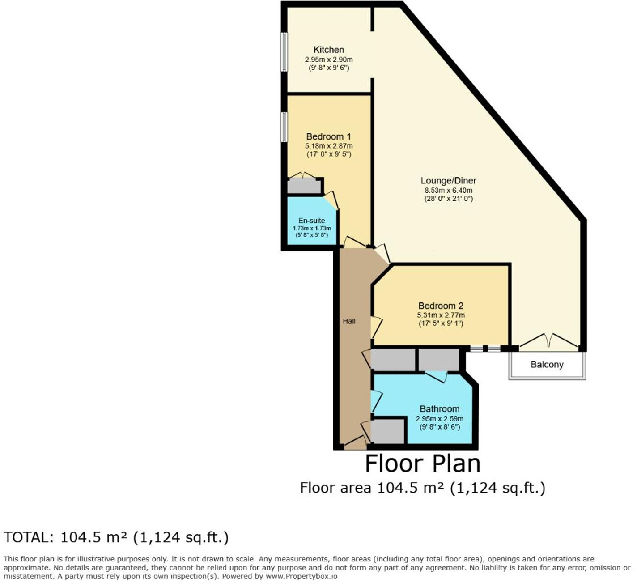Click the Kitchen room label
(x=328, y=50)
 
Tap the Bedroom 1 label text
(x=328, y=136)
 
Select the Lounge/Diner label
(x=448, y=181)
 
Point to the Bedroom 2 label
(x=440, y=306)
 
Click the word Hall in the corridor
(x=349, y=321)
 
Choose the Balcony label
(x=547, y=365)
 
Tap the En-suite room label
(x=311, y=221)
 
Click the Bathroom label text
(x=439, y=409)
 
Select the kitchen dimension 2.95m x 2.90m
(x=328, y=59)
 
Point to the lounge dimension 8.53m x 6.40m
(x=448, y=190)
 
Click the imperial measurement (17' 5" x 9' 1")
(x=440, y=323)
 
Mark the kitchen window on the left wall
(x=284, y=51)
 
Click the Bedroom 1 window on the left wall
(x=284, y=127)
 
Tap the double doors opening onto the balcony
(x=549, y=341)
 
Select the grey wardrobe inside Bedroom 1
(x=304, y=186)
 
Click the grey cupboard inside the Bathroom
(x=387, y=431)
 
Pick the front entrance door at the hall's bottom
(x=355, y=444)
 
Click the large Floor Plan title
(x=422, y=464)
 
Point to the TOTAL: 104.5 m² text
(x=116, y=537)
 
